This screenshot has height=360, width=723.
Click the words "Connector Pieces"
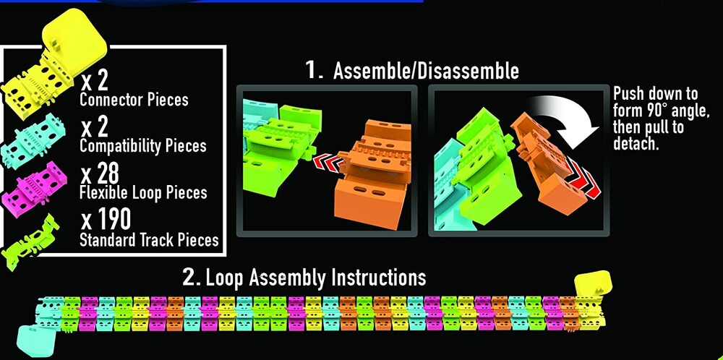134,100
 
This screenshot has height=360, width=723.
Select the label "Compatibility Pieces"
142,145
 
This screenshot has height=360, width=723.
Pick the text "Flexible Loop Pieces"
143,192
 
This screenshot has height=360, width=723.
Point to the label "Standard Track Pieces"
149,240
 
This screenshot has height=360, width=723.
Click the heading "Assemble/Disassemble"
426,71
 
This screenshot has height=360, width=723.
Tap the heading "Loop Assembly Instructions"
315,278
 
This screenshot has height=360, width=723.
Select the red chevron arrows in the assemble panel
329,162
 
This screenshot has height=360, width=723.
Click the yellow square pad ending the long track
594,286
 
